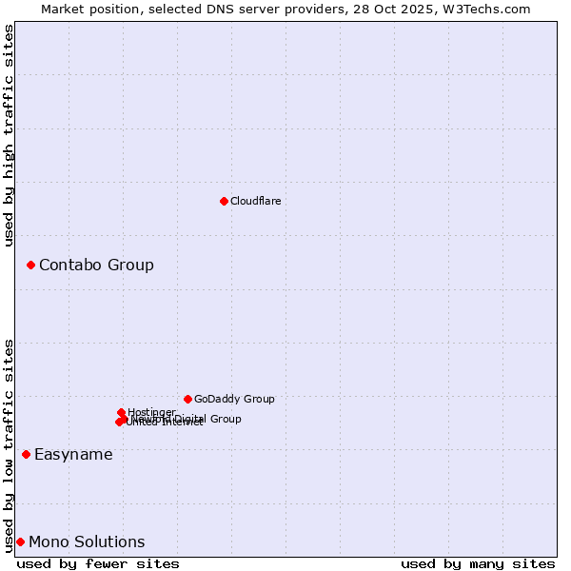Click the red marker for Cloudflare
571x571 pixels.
click(x=224, y=201)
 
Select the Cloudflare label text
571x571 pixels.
click(x=255, y=201)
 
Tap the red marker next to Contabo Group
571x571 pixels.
click(x=30, y=265)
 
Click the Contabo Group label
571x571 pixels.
click(x=96, y=265)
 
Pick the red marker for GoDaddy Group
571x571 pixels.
click(x=187, y=399)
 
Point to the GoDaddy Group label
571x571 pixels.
click(x=234, y=399)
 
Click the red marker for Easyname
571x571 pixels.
click(x=26, y=454)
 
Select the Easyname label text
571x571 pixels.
click(x=73, y=454)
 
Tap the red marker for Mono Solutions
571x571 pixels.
click(x=20, y=541)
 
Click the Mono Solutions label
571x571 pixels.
click(x=87, y=541)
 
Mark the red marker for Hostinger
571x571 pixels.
click(x=121, y=412)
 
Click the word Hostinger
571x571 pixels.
click(x=152, y=412)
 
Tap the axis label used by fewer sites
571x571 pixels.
click(x=98, y=563)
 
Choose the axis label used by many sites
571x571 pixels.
click(x=478, y=563)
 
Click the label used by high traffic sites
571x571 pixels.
click(x=10, y=135)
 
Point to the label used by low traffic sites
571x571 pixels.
click(x=10, y=445)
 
